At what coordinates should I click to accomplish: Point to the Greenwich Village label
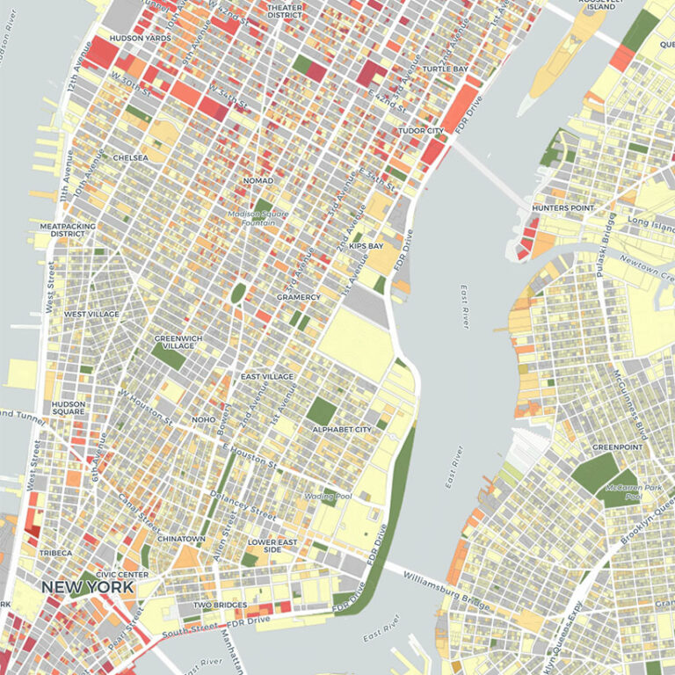[178, 342]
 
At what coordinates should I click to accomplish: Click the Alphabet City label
[342, 429]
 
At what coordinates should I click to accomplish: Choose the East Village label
[266, 376]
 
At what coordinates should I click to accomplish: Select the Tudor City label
[423, 130]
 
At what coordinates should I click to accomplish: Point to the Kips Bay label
[366, 246]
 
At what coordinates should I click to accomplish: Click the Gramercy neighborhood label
[299, 297]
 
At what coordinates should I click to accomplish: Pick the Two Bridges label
[216, 605]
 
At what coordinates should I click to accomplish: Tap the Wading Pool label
[327, 496]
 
